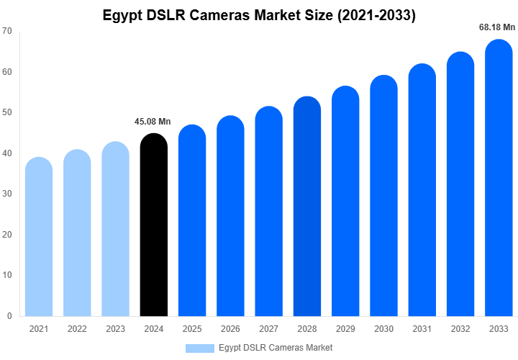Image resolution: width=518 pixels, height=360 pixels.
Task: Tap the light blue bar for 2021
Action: pyautogui.click(x=39, y=237)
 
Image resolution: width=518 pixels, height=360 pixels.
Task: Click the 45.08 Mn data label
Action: pyautogui.click(x=153, y=121)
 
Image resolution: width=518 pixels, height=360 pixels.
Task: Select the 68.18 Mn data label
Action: pyautogui.click(x=498, y=27)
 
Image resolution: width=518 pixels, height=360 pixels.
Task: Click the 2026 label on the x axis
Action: pyautogui.click(x=230, y=329)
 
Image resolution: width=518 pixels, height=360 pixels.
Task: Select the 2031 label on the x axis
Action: pyautogui.click(x=422, y=329)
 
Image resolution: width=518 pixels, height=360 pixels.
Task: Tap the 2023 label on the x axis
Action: pyautogui.click(x=115, y=329)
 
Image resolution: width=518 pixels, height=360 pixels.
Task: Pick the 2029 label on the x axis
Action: pyautogui.click(x=345, y=329)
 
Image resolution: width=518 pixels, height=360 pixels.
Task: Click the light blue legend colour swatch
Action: pyautogui.click(x=200, y=348)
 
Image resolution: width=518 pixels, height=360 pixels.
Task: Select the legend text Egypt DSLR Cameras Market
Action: pyautogui.click(x=276, y=348)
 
